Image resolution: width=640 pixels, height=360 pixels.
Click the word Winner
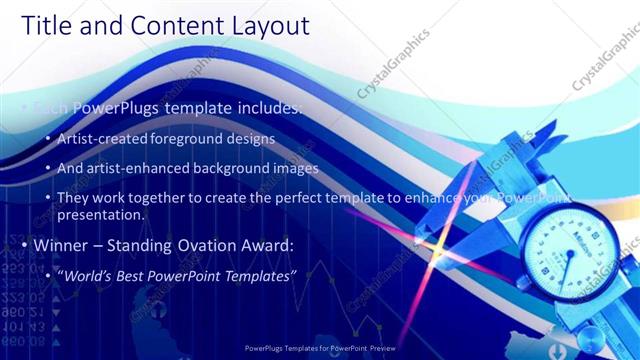(62, 245)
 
